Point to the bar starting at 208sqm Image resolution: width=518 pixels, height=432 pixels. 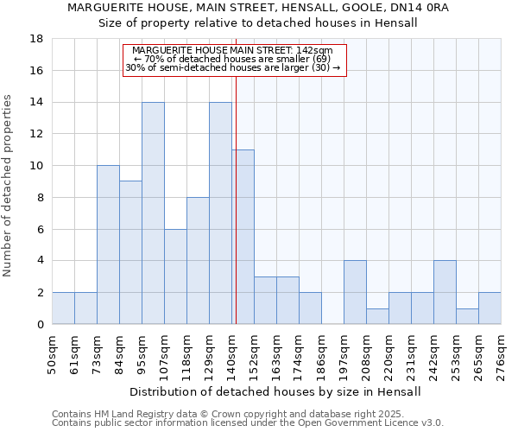click(x=377, y=316)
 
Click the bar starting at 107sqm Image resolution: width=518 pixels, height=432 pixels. click(x=175, y=276)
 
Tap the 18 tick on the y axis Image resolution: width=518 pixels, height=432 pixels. click(x=38, y=39)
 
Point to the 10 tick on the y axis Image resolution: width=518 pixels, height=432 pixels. click(x=38, y=166)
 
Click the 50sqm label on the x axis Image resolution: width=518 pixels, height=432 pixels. click(x=52, y=354)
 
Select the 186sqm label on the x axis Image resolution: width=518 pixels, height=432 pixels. click(x=321, y=354)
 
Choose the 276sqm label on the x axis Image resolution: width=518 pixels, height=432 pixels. click(x=501, y=354)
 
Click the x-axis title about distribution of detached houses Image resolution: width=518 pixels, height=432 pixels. click(x=276, y=391)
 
